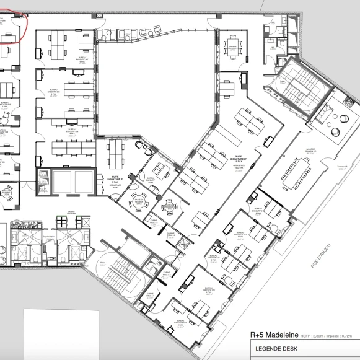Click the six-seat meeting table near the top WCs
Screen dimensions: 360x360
(233, 46)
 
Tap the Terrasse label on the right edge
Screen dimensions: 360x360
(343, 166)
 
